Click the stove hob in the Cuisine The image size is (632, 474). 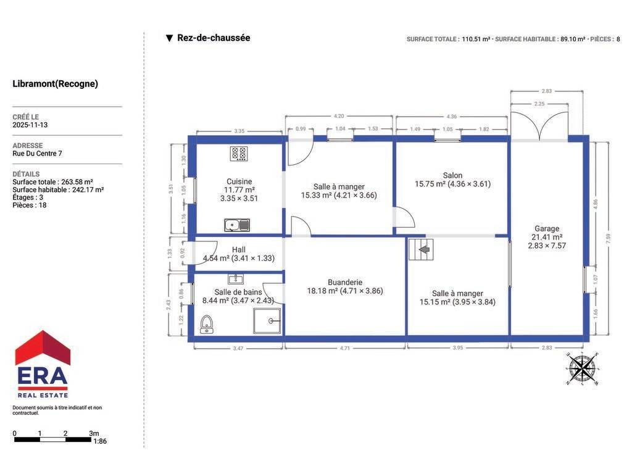point(239,154)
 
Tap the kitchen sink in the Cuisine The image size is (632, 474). point(237,225)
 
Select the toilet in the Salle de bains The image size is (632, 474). point(207,325)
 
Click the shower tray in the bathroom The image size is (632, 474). point(267,321)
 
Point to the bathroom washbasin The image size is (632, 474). point(235,279)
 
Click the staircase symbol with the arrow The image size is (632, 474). point(421,249)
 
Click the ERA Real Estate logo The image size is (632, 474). point(43,364)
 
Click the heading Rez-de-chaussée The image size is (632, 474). point(214,38)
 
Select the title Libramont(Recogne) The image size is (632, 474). point(55,84)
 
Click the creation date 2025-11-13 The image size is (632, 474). point(30,125)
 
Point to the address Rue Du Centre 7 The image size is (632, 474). point(37,154)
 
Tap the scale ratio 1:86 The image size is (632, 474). point(100,441)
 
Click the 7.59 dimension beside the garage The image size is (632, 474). point(608,238)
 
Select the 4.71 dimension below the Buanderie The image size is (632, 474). point(345,348)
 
